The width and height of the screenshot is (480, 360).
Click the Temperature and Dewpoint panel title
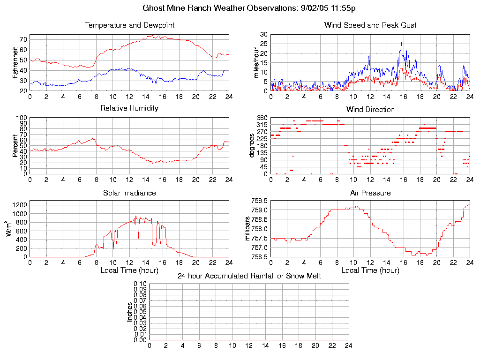tap(129, 25)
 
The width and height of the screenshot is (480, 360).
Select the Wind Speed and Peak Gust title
tap(370, 25)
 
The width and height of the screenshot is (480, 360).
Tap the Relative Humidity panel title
tap(129, 108)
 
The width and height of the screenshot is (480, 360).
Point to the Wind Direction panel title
tap(370, 110)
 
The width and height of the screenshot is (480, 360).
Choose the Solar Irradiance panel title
tap(129, 193)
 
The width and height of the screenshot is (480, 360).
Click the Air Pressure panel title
tap(370, 193)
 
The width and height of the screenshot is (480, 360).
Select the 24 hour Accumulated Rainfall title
tap(249, 276)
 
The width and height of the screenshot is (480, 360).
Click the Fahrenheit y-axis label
tap(15, 62)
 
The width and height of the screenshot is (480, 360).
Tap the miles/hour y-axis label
tap(256, 62)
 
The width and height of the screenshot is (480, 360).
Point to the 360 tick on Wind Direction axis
tap(262, 118)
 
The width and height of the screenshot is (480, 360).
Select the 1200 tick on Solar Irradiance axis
tap(20, 204)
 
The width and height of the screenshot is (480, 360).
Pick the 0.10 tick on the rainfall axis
tap(140, 284)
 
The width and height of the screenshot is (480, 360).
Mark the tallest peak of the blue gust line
tap(401, 43)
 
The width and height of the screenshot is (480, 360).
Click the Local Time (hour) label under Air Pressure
tap(370, 270)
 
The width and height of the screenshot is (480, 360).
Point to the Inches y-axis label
tap(130, 312)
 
